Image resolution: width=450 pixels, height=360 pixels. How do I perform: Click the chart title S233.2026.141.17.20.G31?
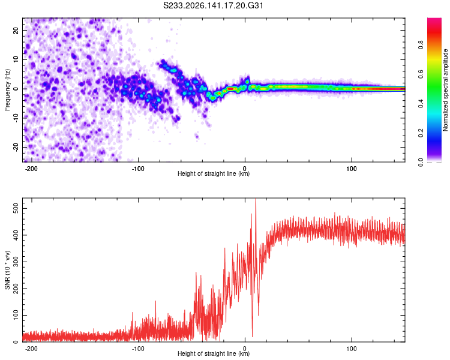click(213, 5)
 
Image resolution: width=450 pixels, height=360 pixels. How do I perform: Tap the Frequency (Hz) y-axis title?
click(7, 90)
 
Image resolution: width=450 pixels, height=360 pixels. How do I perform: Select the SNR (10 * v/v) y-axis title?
click(7, 270)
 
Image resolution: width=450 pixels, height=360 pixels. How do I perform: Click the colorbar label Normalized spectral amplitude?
click(445, 90)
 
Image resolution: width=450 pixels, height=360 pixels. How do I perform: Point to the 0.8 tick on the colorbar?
click(421, 45)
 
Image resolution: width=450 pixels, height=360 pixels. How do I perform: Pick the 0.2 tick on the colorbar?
click(421, 133)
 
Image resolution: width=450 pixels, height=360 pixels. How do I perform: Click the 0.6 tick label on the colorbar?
click(421, 74)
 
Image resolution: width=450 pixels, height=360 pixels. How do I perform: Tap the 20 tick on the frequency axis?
click(16, 31)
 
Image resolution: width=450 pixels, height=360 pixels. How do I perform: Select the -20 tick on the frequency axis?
click(16, 148)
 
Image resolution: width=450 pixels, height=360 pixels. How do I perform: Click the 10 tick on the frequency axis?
click(16, 60)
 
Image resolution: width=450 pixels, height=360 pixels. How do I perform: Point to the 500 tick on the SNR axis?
click(16, 208)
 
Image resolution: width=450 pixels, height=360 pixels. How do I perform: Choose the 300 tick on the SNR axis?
click(16, 262)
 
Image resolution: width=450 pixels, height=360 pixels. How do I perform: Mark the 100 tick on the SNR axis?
click(16, 315)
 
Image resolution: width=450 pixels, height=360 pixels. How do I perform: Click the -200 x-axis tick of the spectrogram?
click(31, 169)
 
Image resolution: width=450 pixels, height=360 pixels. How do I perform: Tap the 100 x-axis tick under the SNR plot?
click(352, 349)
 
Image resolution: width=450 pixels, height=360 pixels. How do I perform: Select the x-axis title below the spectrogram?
click(214, 173)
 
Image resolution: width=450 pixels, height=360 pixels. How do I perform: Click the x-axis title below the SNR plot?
click(214, 353)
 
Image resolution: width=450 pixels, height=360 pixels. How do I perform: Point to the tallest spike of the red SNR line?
click(256, 199)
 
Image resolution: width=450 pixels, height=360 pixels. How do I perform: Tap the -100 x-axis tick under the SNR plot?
click(138, 349)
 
